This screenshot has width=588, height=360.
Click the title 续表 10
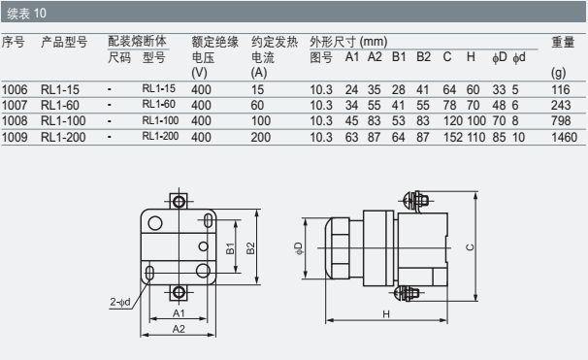point(26,14)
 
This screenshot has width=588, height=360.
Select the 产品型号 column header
point(64,42)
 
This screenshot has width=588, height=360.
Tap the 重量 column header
point(563,42)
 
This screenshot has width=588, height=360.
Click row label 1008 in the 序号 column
point(15,120)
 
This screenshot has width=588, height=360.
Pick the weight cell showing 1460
point(564,137)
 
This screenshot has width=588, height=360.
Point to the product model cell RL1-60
point(60,106)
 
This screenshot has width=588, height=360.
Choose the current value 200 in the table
point(261,137)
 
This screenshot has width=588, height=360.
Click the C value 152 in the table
point(453,137)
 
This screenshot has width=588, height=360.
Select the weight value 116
point(561,90)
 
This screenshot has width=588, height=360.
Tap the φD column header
point(500,57)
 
